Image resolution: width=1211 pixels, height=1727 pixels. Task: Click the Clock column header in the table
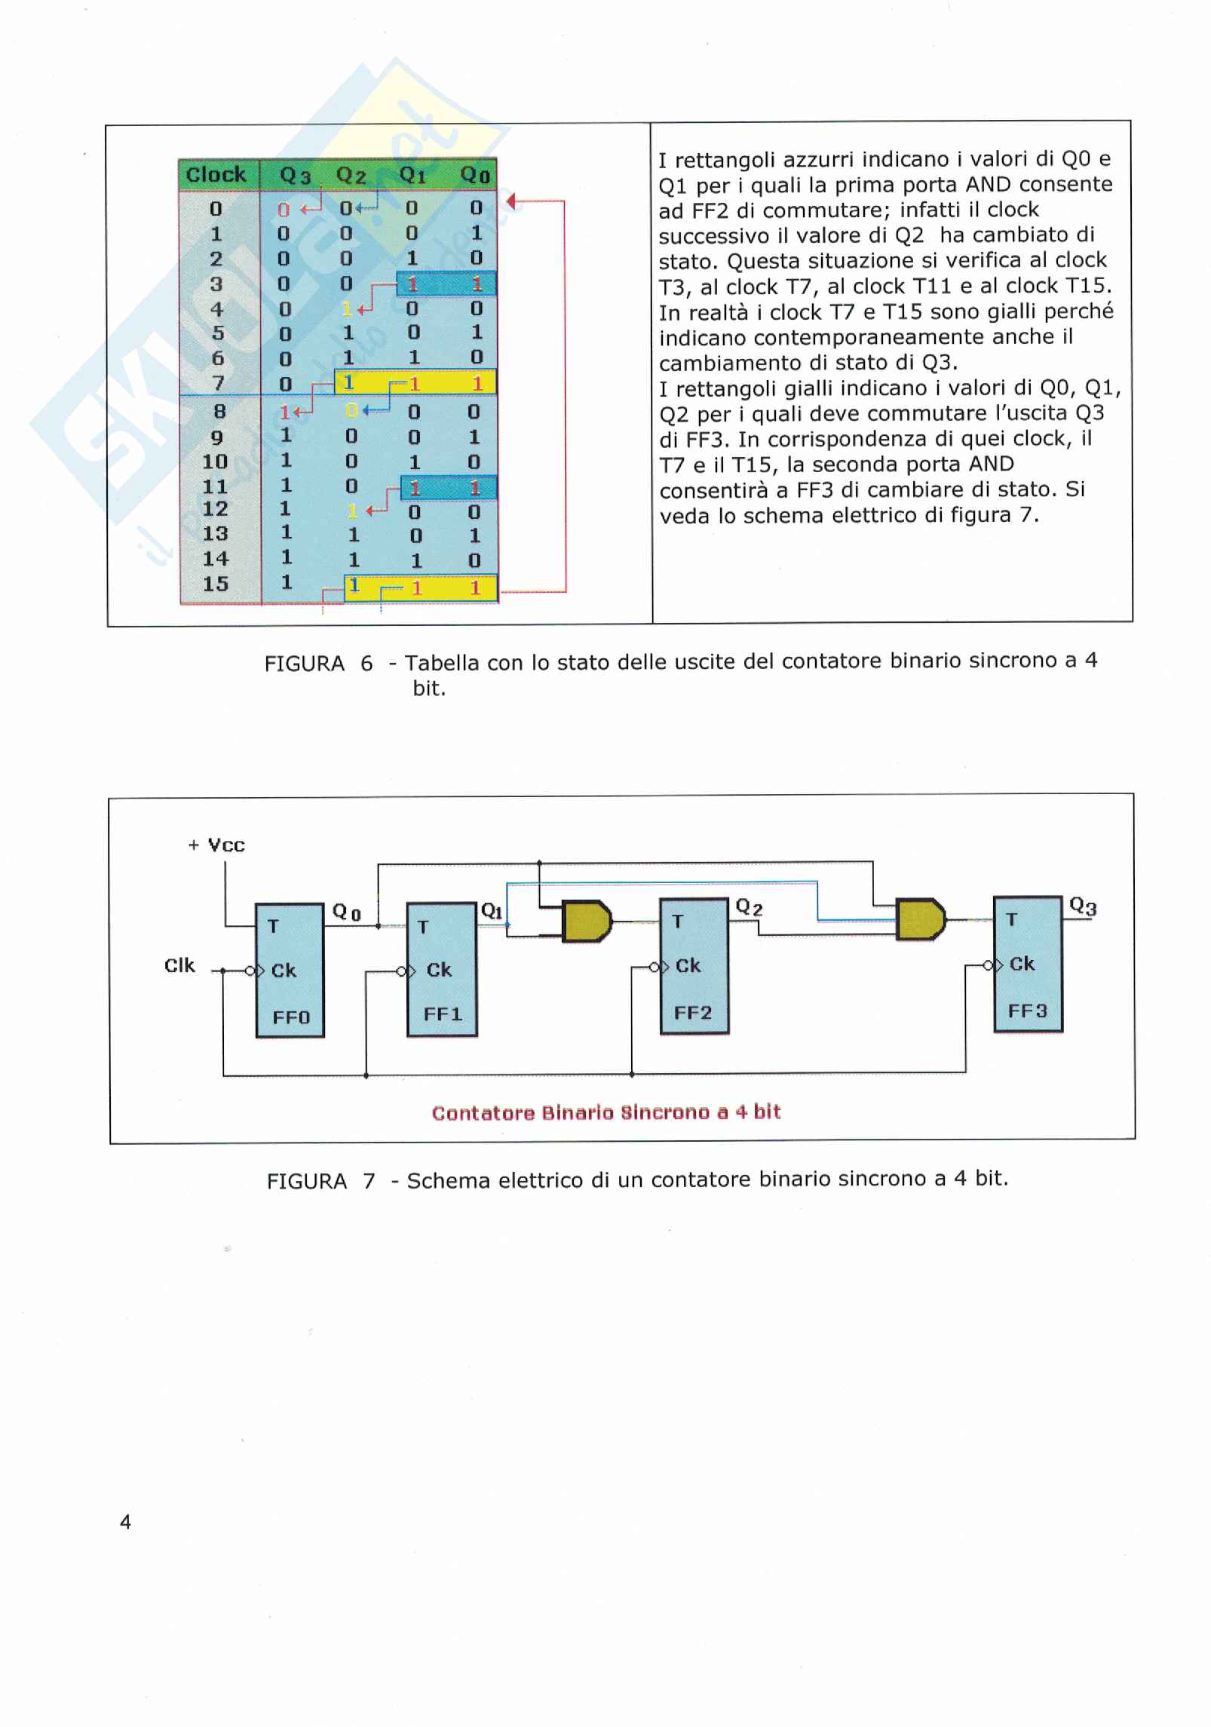(x=216, y=174)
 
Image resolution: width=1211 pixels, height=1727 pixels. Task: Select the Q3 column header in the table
(x=295, y=176)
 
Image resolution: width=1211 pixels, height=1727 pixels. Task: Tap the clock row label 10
(x=215, y=461)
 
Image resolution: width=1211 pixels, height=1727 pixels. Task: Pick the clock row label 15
(x=215, y=584)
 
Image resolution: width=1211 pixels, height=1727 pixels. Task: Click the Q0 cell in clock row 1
(x=476, y=233)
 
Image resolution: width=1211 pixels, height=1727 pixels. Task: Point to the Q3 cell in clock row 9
(x=285, y=436)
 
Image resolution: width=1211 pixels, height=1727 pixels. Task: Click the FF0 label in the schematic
(x=291, y=1017)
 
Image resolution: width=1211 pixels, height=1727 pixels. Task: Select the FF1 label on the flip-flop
(x=443, y=1014)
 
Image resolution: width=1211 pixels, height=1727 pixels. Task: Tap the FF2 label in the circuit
(x=693, y=1013)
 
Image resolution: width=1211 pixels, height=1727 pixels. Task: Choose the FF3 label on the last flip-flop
(x=1028, y=1011)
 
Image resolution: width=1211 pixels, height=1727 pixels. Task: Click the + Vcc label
(x=216, y=845)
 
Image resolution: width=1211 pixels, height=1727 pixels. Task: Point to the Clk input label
(x=179, y=966)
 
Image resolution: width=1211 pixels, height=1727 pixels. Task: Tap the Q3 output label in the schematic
(x=1083, y=906)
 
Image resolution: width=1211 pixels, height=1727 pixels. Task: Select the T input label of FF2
(x=677, y=921)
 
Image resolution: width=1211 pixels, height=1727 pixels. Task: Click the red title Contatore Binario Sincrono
(x=606, y=1112)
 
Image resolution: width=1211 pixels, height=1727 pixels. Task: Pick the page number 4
(x=125, y=1523)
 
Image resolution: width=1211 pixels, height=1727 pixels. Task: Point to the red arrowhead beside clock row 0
(x=511, y=201)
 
